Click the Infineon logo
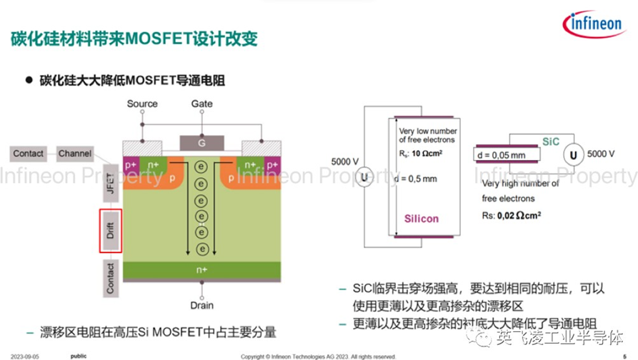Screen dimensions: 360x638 click(594, 25)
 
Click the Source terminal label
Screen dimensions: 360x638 click(142, 104)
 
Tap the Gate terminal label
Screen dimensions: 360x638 click(201, 104)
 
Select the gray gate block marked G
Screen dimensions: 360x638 click(201, 144)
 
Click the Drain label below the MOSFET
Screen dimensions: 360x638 click(201, 306)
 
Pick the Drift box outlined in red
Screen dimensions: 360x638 click(110, 231)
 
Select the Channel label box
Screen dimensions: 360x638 click(75, 153)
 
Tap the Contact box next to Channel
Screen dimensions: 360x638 click(29, 153)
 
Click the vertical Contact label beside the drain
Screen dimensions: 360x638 click(110, 277)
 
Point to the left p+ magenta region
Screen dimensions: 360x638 click(131, 164)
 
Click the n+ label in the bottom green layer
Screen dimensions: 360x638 click(202, 270)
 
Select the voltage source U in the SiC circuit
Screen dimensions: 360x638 click(571, 154)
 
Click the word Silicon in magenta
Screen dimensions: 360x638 click(422, 219)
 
